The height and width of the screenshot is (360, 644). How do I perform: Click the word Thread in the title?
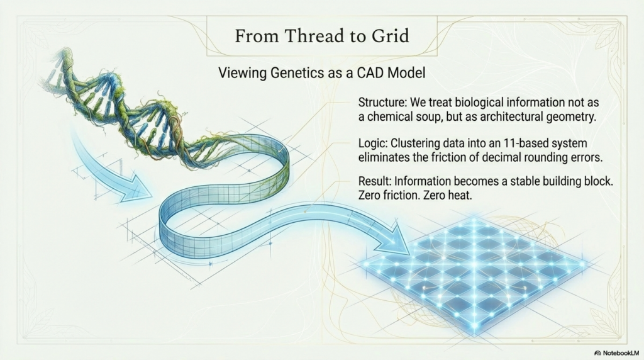tap(314, 36)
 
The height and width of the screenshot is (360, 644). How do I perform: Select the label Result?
tap(374, 181)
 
